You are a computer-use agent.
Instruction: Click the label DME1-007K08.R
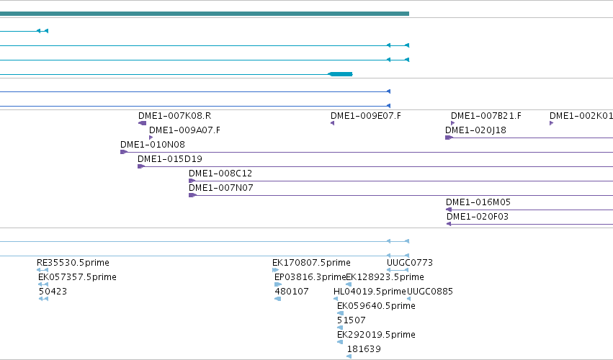tap(175, 116)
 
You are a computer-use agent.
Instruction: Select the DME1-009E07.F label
tap(366, 116)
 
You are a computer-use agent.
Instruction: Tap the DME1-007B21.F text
tap(486, 116)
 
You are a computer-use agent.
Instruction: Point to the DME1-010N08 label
tap(153, 145)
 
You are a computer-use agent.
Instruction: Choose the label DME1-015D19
tap(170, 159)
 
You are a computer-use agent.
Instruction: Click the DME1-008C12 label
tap(220, 174)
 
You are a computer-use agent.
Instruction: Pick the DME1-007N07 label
tap(221, 188)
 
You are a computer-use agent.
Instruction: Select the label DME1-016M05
tap(478, 202)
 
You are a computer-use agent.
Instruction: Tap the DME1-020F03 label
tap(478, 217)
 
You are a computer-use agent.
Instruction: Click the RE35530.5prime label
tap(73, 263)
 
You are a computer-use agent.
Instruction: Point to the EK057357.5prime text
tap(77, 277)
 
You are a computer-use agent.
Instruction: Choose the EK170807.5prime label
tap(312, 263)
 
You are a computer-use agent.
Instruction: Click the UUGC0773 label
tap(410, 263)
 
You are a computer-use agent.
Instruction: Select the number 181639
tap(364, 349)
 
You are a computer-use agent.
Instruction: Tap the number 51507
tap(352, 320)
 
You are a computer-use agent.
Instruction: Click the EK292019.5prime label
tap(376, 335)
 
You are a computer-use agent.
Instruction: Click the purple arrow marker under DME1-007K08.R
tap(143, 123)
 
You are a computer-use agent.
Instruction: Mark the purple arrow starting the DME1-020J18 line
tap(449, 138)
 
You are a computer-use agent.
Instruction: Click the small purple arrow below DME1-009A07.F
tap(151, 138)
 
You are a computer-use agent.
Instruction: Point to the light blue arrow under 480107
tap(278, 299)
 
